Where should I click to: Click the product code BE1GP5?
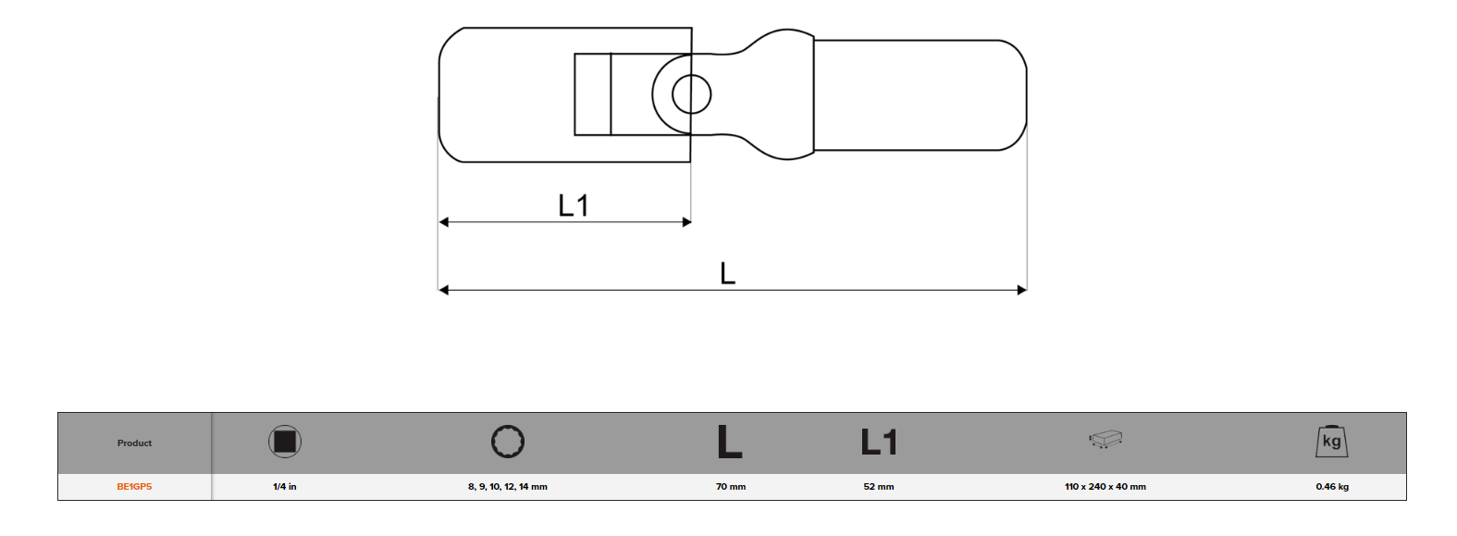(134, 487)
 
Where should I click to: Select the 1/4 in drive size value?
(285, 487)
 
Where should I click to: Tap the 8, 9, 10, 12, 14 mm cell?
(507, 487)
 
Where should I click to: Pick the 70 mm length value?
(730, 487)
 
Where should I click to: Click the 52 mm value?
(878, 487)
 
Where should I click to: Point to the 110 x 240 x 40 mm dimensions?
(1105, 487)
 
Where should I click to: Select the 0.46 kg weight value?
(1331, 487)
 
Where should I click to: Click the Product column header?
(134, 443)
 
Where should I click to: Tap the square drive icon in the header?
(285, 442)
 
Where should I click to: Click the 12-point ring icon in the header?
(508, 442)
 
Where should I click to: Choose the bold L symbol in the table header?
(729, 442)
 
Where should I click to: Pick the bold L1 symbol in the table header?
(878, 442)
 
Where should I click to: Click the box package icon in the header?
(1105, 439)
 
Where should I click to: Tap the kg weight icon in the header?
(1331, 442)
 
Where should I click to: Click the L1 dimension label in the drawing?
(574, 206)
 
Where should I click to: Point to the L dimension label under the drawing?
(727, 274)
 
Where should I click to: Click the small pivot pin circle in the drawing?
(691, 94)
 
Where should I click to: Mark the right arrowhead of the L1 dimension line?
(686, 222)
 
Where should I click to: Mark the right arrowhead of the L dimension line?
(1021, 290)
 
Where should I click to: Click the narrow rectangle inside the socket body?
(592, 94)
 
